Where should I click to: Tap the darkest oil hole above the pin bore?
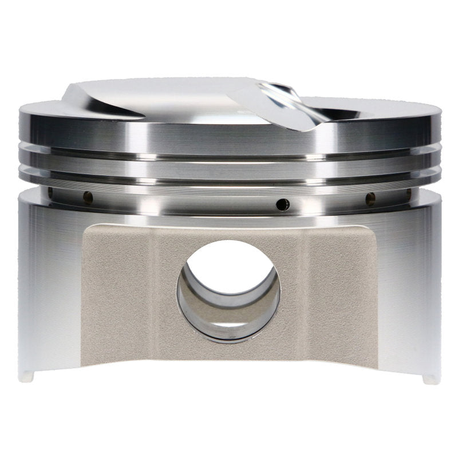pos(282,204)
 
